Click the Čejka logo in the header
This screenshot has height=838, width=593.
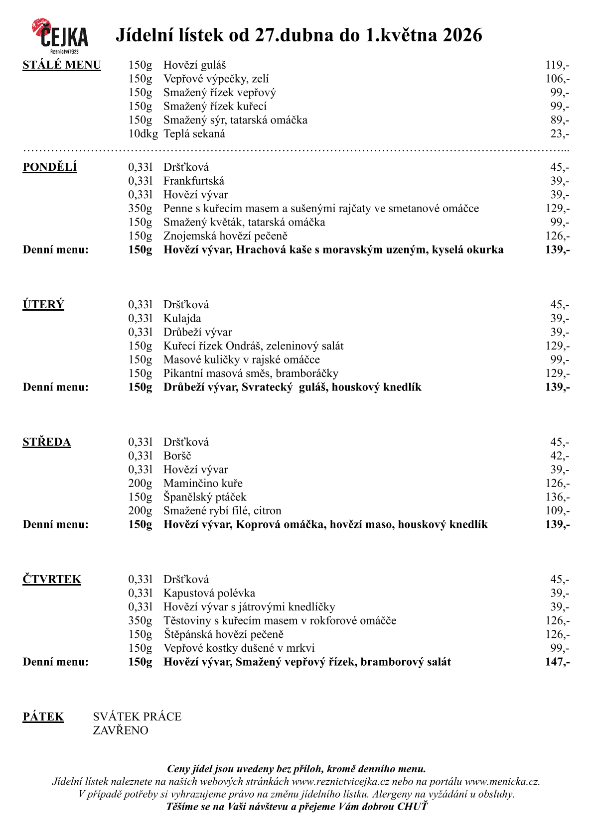coord(60,36)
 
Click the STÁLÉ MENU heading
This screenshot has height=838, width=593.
coord(62,65)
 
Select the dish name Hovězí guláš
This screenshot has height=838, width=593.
coord(194,65)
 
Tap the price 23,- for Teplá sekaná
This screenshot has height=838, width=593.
coord(560,134)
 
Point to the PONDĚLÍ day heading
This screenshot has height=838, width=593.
coord(50,167)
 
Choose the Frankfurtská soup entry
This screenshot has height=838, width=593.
coord(194,181)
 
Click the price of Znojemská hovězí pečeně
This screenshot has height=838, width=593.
coord(557,236)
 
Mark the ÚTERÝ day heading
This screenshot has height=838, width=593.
coord(43,305)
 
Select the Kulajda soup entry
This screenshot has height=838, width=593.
coord(182,319)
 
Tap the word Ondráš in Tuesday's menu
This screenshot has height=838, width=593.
coord(243,346)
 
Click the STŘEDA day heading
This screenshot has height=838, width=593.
coord(47,442)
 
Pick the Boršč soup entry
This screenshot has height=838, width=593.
coord(177,456)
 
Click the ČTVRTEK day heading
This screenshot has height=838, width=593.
coord(52,580)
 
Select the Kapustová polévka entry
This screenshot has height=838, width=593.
coord(209,594)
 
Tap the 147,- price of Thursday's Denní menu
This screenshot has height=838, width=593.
coord(557,662)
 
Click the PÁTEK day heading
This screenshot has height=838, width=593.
coord(43,717)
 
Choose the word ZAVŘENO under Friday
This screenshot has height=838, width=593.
coord(121,731)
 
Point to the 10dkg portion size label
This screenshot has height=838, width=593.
coord(143,134)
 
